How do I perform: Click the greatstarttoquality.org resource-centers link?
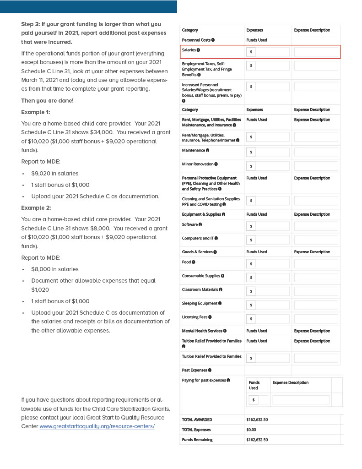[97, 426]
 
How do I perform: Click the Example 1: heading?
[36, 112]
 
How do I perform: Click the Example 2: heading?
[36, 208]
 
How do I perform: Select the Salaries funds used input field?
[268, 52]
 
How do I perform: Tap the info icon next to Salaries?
[198, 50]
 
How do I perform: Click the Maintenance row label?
[193, 150]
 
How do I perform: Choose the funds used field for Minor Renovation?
[268, 166]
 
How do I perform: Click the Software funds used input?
[268, 226]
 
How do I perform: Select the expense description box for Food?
[316, 264]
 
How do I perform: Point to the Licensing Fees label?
[195, 317]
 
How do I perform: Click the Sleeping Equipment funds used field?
[268, 305]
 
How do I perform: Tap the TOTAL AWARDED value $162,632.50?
[257, 420]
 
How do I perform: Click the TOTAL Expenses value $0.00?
[251, 430]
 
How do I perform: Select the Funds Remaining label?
[197, 440]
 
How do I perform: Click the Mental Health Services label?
[202, 331]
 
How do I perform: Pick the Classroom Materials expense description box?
[316, 291]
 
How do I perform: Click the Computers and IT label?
[198, 238]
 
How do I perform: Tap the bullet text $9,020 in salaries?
[55, 174]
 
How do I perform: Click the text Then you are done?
[47, 101]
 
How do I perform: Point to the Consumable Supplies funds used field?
[268, 278]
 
